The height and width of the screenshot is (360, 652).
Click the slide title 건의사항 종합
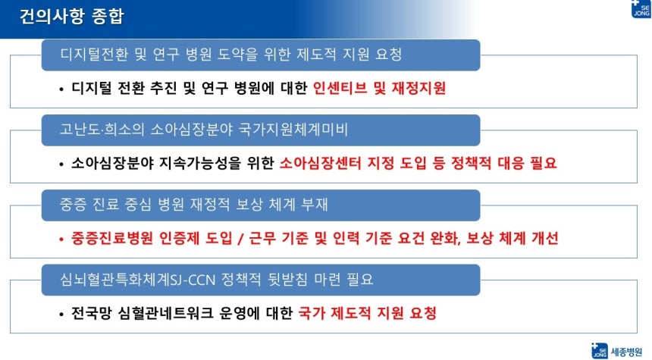(71, 17)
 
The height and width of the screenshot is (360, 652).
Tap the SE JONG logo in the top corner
(641, 9)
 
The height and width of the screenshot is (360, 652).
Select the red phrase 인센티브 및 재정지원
(379, 88)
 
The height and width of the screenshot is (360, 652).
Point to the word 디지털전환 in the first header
(95, 55)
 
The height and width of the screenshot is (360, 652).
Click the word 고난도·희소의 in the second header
(102, 130)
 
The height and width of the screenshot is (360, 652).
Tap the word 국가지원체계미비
(293, 130)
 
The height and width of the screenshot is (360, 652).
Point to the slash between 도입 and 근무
(240, 239)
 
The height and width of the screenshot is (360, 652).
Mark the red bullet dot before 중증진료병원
(61, 239)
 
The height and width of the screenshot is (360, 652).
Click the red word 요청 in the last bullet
(423, 313)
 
